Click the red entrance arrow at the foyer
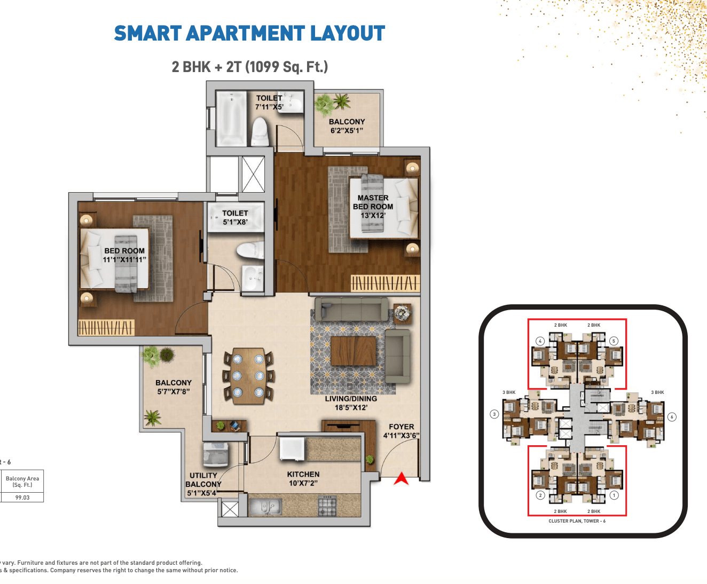click(x=401, y=478)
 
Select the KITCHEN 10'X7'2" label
click(x=303, y=478)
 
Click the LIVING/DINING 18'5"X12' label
click(x=351, y=403)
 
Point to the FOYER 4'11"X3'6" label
click(x=401, y=431)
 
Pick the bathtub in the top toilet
click(x=231, y=119)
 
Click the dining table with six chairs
click(x=248, y=376)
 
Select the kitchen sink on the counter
click(x=265, y=507)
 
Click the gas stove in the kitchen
click(x=327, y=506)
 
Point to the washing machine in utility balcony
click(x=216, y=454)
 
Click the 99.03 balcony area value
click(x=22, y=498)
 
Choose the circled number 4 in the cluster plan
click(x=540, y=341)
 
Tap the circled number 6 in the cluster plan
click(x=672, y=417)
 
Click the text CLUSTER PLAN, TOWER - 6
click(x=577, y=521)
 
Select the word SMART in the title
click(x=148, y=34)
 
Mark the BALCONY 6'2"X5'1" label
click(x=347, y=126)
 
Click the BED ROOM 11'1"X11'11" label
click(x=124, y=255)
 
